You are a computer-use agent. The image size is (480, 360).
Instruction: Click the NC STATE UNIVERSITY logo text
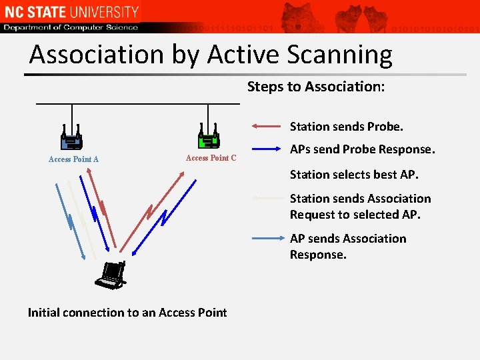pyautogui.click(x=71, y=11)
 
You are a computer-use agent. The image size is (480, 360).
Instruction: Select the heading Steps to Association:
pyautogui.click(x=316, y=87)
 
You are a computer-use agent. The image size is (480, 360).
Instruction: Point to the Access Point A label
pyautogui.click(x=73, y=159)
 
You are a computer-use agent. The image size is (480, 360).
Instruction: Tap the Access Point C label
pyautogui.click(x=211, y=158)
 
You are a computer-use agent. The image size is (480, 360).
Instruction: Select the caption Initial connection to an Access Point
pyautogui.click(x=127, y=312)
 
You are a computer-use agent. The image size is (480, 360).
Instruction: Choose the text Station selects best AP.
pyautogui.click(x=354, y=175)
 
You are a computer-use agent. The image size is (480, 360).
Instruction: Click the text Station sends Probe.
pyautogui.click(x=347, y=126)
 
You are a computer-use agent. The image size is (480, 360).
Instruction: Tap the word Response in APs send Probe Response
pyautogui.click(x=407, y=150)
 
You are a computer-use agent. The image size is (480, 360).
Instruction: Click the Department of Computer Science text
pyautogui.click(x=71, y=27)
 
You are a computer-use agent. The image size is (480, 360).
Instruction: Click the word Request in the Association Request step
pyautogui.click(x=313, y=215)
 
